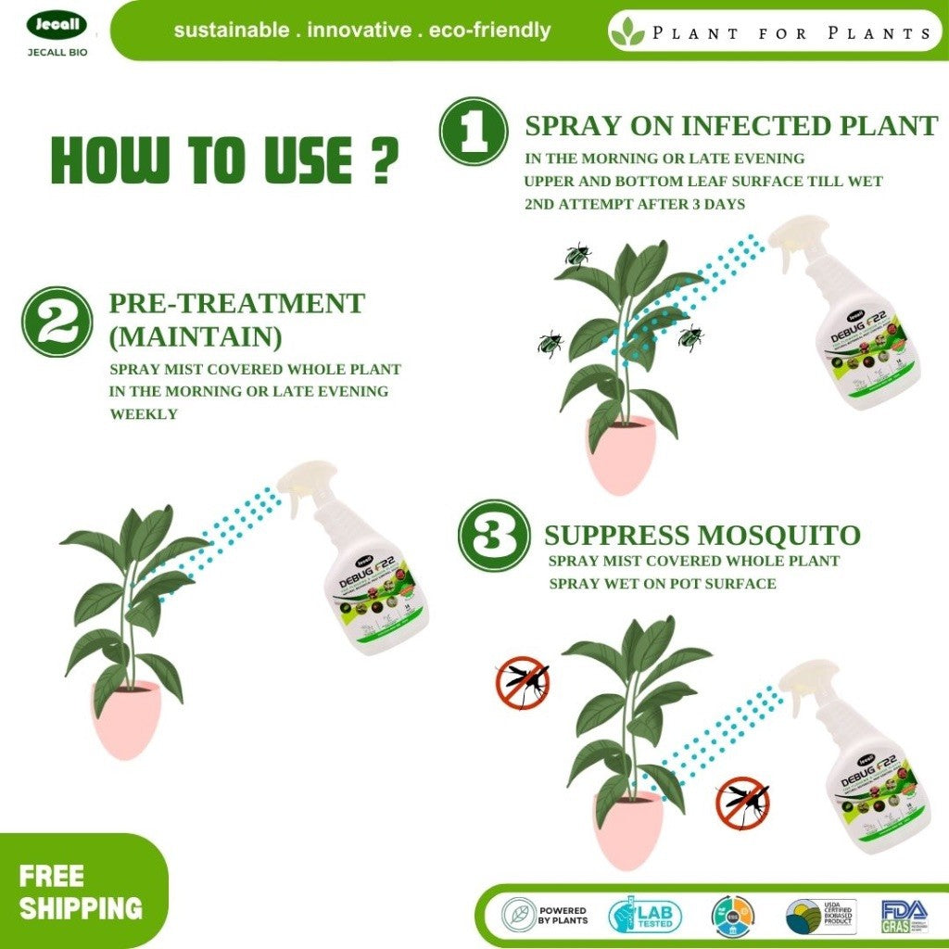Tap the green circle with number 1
pyautogui.click(x=473, y=133)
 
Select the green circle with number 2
pyautogui.click(x=57, y=321)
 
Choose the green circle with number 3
pyautogui.click(x=494, y=535)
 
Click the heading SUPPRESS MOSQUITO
pyautogui.click(x=702, y=536)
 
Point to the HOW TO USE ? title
pyautogui.click(x=224, y=159)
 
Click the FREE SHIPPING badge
pyautogui.click(x=81, y=892)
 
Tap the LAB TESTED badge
pyautogui.click(x=645, y=916)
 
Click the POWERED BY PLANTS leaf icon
pyautogui.click(x=521, y=916)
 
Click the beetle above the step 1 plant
pyautogui.click(x=577, y=254)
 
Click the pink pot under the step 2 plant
pyautogui.click(x=126, y=719)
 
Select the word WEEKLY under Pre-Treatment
pyautogui.click(x=144, y=414)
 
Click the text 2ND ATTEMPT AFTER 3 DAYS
pyautogui.click(x=634, y=204)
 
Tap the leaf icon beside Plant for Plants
pyautogui.click(x=628, y=32)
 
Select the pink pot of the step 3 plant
pyautogui.click(x=630, y=828)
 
